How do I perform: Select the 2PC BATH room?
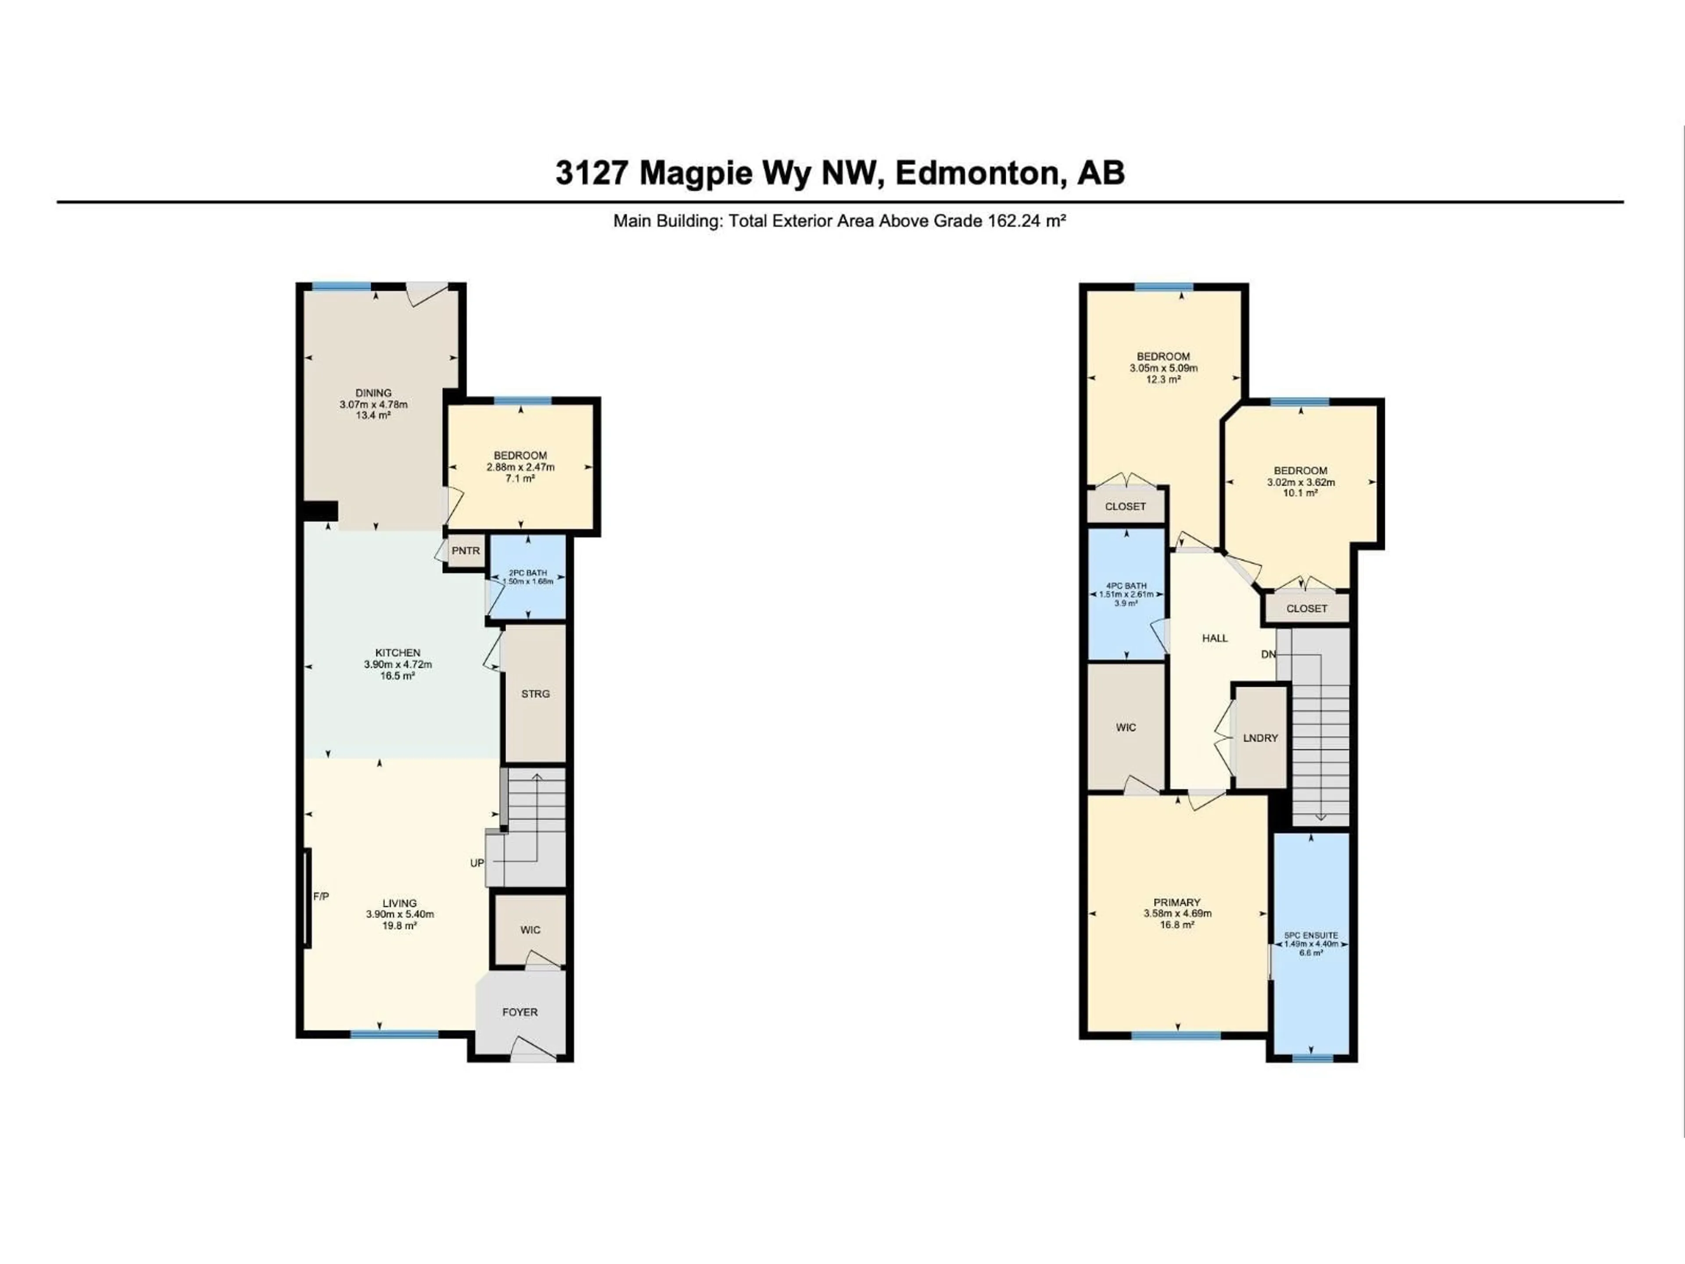click(x=527, y=577)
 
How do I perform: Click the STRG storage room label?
click(x=535, y=694)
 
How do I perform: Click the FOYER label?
click(x=520, y=1012)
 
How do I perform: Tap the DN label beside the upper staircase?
click(x=1268, y=654)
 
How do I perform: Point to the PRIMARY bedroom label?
click(x=1177, y=902)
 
